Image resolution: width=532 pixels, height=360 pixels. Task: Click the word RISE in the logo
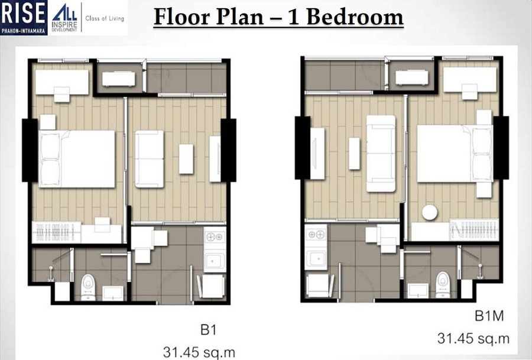(24, 12)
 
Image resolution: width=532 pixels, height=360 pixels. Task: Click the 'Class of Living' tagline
(106, 18)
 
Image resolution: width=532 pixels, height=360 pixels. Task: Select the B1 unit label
(209, 329)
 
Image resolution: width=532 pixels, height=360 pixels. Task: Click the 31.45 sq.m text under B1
(199, 352)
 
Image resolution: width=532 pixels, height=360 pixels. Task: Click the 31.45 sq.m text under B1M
(473, 339)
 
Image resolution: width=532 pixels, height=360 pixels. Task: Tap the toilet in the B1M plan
(442, 283)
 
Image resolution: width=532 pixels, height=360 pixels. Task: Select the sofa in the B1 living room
(150, 159)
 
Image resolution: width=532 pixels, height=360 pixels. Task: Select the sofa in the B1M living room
(381, 154)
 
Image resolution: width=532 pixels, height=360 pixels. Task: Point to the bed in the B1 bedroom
(77, 158)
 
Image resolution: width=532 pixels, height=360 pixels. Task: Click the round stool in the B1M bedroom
(429, 212)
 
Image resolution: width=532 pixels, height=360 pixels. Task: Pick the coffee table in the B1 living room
(186, 159)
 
